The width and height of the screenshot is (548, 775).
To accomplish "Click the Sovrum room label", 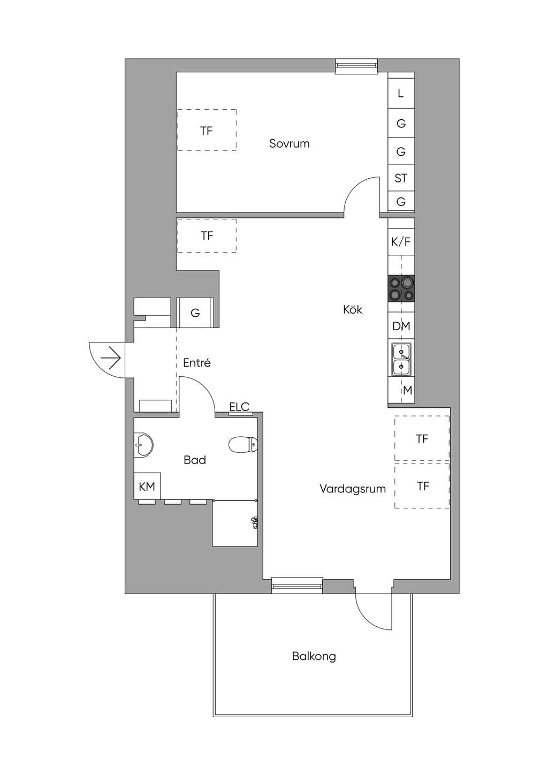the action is [289, 143].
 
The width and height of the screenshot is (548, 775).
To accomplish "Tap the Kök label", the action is [353, 309].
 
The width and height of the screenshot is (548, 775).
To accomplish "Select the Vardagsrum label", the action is [353, 489].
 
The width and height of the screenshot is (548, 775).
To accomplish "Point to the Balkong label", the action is [314, 656].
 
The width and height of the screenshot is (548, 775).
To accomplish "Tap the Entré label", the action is [196, 362].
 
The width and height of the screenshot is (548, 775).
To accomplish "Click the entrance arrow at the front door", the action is [110, 358].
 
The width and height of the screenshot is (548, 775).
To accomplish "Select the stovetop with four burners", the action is [401, 288].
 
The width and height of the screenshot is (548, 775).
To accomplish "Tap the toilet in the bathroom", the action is [243, 445].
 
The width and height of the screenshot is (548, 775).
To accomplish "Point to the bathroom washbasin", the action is [143, 445].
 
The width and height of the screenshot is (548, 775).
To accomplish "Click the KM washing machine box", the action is [147, 486].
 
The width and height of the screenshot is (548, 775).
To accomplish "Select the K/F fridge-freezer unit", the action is [401, 242].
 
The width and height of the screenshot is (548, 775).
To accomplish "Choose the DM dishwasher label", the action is [401, 326].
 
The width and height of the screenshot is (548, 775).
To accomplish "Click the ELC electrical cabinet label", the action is [239, 407].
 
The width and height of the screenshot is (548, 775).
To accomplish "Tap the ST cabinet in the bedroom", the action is [401, 178].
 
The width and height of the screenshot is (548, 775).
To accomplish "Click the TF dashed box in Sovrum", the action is [207, 130].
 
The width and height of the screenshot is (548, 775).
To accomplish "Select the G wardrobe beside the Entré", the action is [195, 313].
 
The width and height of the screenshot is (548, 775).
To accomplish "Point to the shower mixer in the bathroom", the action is [254, 522].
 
